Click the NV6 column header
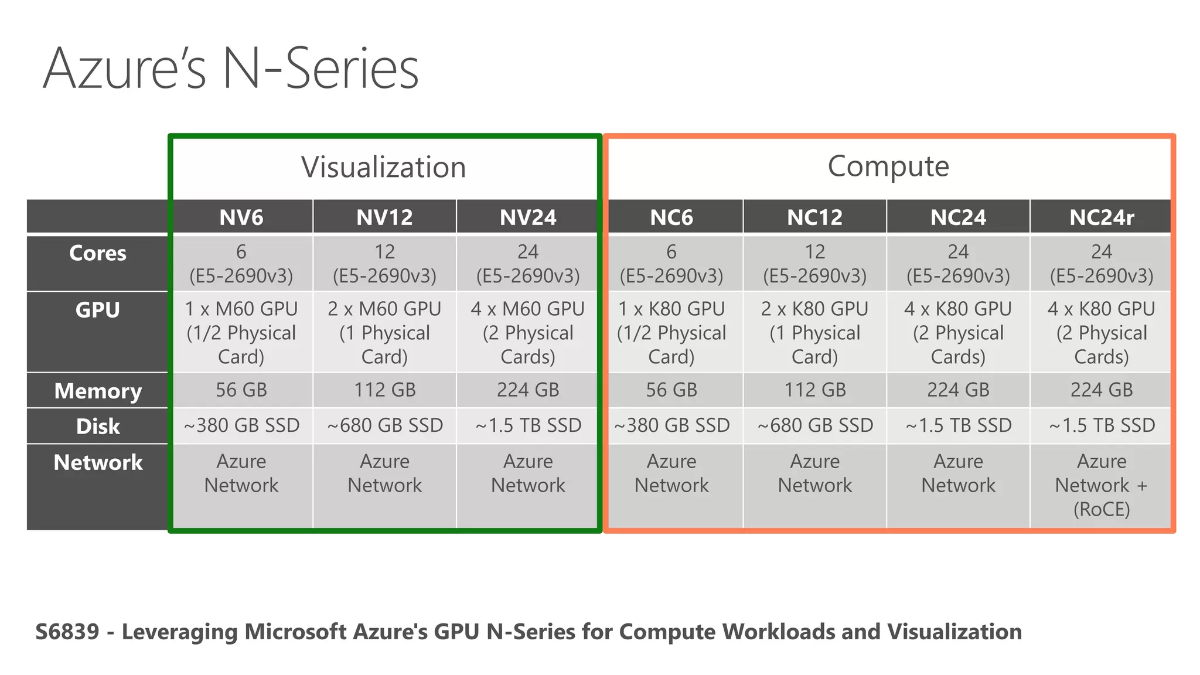[x=241, y=217]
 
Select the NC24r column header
[x=1102, y=217]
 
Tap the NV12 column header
[x=384, y=217]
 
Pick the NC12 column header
[x=814, y=217]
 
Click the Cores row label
[x=98, y=253]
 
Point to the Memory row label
[x=98, y=391]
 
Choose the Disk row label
[x=98, y=427]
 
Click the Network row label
[x=98, y=463]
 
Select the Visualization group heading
[x=384, y=167]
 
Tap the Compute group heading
[x=888, y=166]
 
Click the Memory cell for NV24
[x=528, y=390]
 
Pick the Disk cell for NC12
[x=815, y=425]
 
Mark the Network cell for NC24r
[x=1102, y=485]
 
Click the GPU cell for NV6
[x=241, y=332]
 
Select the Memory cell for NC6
[x=671, y=390]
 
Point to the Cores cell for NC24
[x=958, y=263]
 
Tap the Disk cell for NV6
[x=241, y=425]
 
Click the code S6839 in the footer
[x=67, y=632]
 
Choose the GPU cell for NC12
[x=815, y=332]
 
